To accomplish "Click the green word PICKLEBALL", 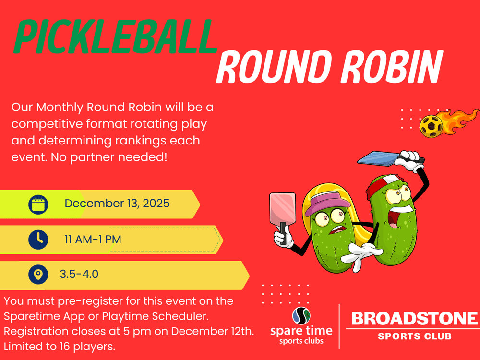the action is coord(115,37).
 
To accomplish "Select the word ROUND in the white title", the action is coord(274,67).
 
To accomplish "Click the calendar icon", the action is coord(38,204).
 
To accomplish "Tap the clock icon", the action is coord(38,240).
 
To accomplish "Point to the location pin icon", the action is coord(38,274).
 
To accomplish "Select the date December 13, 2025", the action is coord(117,204).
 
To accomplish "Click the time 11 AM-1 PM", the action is coord(93,240).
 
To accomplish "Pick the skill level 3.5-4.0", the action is coord(79,274).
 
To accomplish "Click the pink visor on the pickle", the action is coord(329,202).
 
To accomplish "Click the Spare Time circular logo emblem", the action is coord(301,316).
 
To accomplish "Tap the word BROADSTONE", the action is coord(414,319).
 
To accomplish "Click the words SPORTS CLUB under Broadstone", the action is coord(415,336).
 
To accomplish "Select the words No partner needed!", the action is coord(109,157).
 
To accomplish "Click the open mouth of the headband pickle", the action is coord(393,220).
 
